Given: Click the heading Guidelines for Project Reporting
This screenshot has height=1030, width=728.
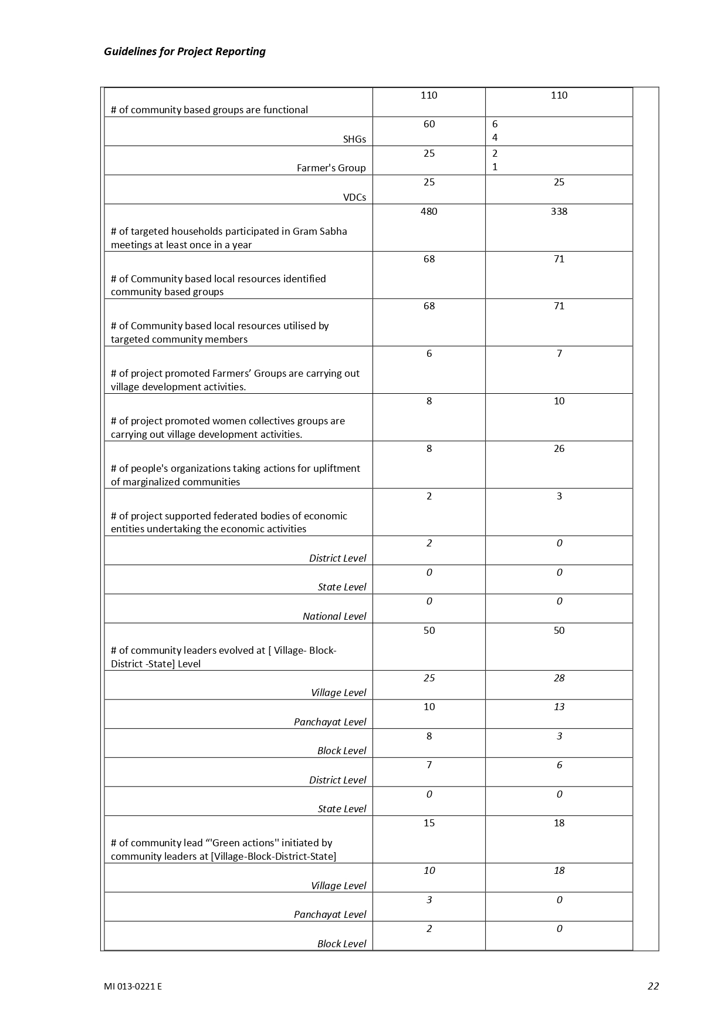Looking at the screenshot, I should click(x=184, y=52).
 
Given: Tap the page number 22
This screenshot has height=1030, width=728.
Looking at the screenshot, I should click(x=653, y=986).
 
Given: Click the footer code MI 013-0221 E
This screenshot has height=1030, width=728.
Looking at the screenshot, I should click(x=133, y=986).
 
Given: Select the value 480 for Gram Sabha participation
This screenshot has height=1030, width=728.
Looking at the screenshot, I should click(x=429, y=211).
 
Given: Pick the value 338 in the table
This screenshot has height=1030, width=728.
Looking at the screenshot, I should click(x=558, y=211).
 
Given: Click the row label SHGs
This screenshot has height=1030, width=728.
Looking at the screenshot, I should click(x=354, y=139).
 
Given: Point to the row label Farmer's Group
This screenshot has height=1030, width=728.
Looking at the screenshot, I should click(x=331, y=168).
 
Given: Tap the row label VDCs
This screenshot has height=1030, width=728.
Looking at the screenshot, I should click(x=354, y=197).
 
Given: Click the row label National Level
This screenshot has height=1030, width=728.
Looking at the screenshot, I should click(x=334, y=616).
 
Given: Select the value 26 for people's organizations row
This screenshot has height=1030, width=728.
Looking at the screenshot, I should click(x=558, y=448).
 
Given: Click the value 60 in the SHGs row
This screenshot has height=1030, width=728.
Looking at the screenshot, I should click(x=429, y=124).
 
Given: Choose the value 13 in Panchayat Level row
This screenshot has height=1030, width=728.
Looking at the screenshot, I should click(x=558, y=707).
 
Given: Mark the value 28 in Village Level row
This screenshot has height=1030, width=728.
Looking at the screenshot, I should click(x=558, y=678).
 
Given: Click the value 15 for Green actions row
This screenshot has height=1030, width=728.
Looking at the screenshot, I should click(x=429, y=823).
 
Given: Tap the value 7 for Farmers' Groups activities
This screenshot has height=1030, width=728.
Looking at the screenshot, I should click(x=558, y=353).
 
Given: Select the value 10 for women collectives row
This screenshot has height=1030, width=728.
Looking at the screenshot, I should click(x=558, y=401).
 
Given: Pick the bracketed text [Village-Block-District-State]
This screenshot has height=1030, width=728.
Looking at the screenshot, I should click(x=273, y=856).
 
